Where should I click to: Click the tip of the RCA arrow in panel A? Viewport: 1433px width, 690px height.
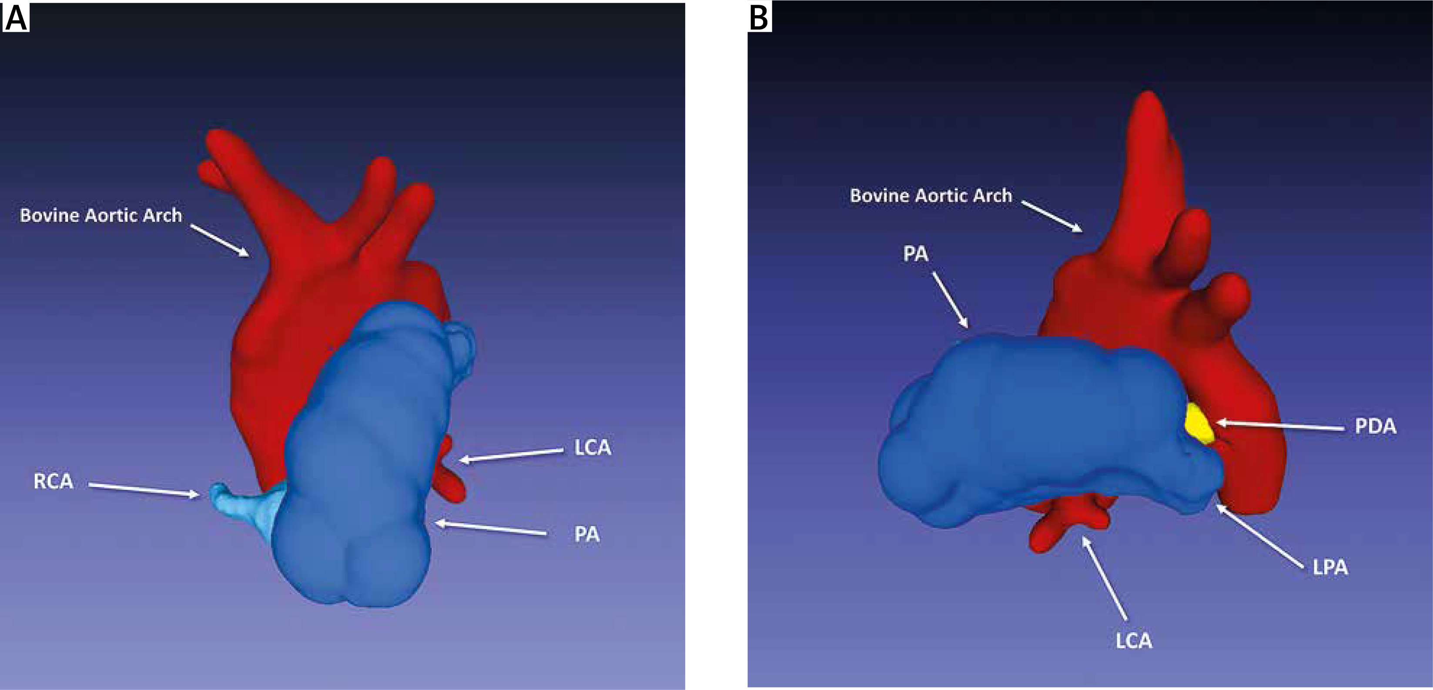[x=200, y=494]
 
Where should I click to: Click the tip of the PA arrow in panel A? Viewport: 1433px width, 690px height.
[x=435, y=523]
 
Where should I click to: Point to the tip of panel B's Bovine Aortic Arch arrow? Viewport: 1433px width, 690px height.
[x=1082, y=231]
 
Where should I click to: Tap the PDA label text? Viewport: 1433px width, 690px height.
[x=1375, y=427]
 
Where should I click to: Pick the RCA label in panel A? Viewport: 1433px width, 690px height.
[x=54, y=481]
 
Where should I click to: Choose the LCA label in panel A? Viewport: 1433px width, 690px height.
[x=593, y=447]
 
